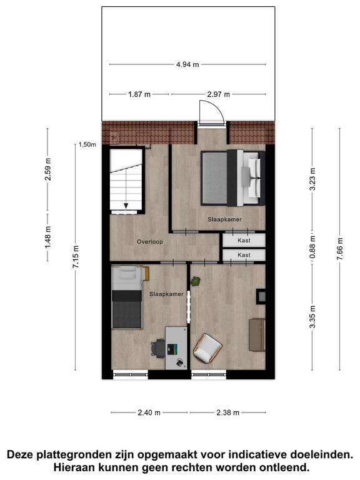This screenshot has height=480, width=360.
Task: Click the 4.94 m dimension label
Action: click(187, 64)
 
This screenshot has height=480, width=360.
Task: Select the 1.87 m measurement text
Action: click(139, 94)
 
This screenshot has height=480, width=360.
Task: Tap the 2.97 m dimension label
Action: click(218, 94)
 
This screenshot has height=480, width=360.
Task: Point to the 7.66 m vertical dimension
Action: click(340, 249)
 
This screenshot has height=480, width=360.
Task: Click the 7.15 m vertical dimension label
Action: click(76, 256)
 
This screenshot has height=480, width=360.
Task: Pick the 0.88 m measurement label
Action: click(312, 246)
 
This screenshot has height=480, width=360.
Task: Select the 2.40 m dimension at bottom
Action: click(149, 412)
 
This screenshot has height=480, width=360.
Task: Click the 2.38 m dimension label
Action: click(227, 412)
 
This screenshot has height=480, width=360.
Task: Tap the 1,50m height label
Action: click(87, 144)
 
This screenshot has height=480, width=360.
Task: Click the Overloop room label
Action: click(150, 242)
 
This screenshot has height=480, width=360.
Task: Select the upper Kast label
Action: click(244, 241)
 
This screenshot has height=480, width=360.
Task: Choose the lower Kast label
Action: click(244, 255)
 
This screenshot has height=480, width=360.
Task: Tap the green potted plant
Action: click(195, 281)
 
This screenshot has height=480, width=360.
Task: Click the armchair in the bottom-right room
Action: click(207, 347)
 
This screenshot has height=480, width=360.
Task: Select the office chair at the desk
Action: click(158, 347)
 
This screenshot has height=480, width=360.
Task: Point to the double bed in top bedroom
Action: click(233, 177)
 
